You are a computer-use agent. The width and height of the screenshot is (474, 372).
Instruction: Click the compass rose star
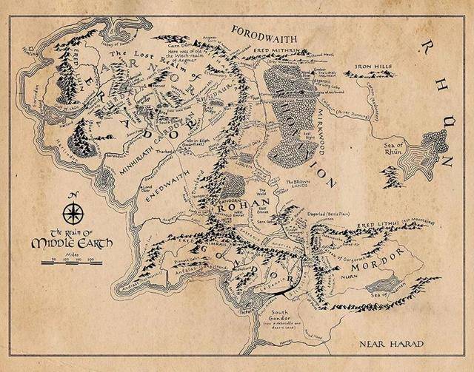click(73, 214)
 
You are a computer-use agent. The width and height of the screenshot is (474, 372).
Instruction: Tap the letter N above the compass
click(73, 195)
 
